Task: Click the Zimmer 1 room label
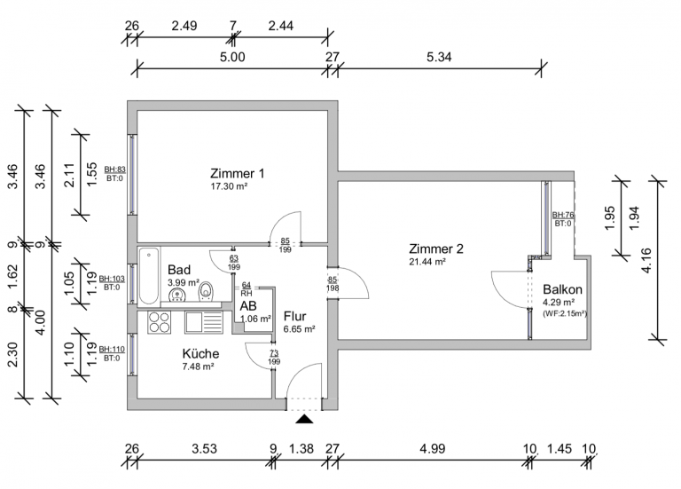pyautogui.click(x=237, y=173)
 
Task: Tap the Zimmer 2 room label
pyautogui.click(x=436, y=248)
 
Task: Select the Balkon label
pyautogui.click(x=562, y=289)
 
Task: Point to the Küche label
pyautogui.click(x=200, y=353)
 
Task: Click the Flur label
pyautogui.click(x=295, y=316)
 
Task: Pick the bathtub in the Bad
pyautogui.click(x=149, y=276)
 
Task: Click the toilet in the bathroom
pyautogui.click(x=206, y=291)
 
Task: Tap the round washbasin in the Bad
pyautogui.click(x=176, y=296)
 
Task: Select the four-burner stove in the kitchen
pyautogui.click(x=159, y=322)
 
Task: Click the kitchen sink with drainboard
pyautogui.click(x=204, y=322)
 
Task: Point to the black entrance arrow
pyautogui.click(x=304, y=419)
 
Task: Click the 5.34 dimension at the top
pyautogui.click(x=439, y=57)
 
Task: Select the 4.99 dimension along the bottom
pyautogui.click(x=432, y=448)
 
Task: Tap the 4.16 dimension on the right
pyautogui.click(x=646, y=260)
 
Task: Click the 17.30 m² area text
pyautogui.click(x=229, y=186)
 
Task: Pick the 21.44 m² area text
pyautogui.click(x=427, y=262)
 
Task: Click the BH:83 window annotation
pyautogui.click(x=115, y=170)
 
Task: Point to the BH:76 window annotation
pyautogui.click(x=563, y=215)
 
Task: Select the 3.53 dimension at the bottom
pyautogui.click(x=204, y=448)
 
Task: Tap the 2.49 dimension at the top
pyautogui.click(x=184, y=26)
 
